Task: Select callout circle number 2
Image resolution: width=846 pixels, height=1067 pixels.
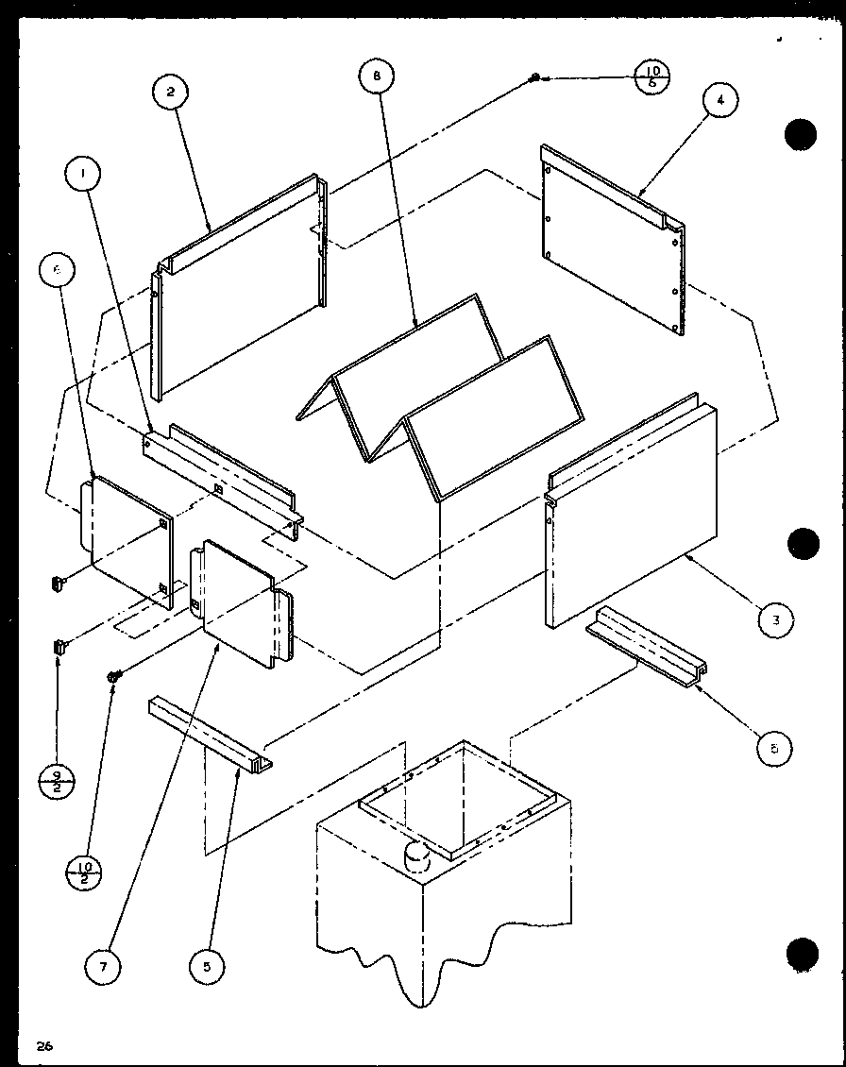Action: point(171,93)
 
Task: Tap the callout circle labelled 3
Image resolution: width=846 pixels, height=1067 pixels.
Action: point(774,619)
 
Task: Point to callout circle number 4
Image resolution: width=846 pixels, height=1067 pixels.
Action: point(720,101)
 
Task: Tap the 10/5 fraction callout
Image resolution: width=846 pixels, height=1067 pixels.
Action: point(653,75)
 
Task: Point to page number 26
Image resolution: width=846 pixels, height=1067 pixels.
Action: point(42,1044)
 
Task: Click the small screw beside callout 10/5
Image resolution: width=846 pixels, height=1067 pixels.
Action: point(535,76)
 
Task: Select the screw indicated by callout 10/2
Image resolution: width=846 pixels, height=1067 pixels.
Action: point(113,674)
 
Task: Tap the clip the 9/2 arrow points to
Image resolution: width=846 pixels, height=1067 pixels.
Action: point(58,648)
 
